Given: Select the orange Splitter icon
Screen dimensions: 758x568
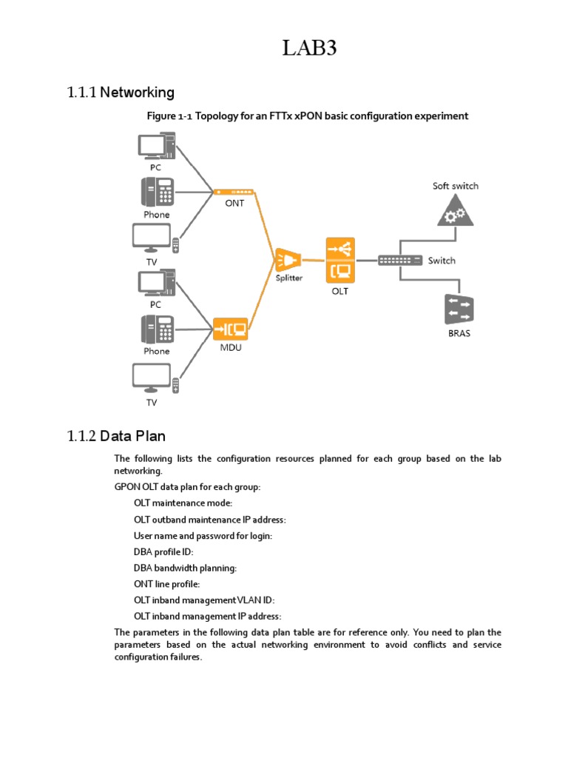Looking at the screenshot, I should [288, 260].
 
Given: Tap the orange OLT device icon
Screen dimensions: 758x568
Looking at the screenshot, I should [339, 260].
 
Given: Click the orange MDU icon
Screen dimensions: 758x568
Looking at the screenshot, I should [230, 328].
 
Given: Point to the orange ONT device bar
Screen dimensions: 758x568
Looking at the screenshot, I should [234, 192].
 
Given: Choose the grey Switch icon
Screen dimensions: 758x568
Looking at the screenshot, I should [400, 261].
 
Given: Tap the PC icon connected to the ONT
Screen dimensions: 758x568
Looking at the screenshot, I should [158, 145].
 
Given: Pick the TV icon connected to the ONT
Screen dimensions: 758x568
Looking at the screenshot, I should [155, 237].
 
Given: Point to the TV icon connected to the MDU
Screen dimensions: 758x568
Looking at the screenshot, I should [155, 378].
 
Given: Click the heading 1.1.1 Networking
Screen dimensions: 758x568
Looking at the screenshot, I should [121, 93].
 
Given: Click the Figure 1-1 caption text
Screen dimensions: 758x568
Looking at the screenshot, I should [308, 116].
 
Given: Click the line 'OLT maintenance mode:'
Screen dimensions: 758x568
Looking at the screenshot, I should [183, 503].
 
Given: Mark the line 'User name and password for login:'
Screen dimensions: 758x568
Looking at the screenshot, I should [203, 535].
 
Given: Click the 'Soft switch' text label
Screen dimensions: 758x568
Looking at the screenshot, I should [455, 186].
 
